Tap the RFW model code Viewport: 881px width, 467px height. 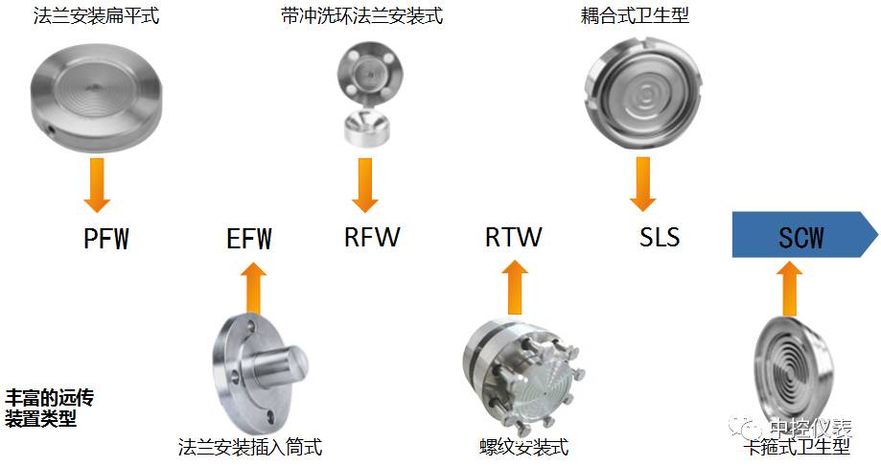372,236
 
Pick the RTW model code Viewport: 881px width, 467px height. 513,236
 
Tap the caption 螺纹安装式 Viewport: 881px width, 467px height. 523,448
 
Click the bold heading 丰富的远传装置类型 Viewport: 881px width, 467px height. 50,408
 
